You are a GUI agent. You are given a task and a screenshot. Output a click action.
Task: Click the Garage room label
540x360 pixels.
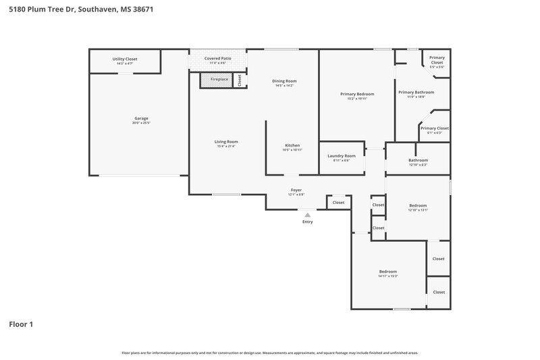tap(141, 118)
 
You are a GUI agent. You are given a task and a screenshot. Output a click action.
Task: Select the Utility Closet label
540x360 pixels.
tap(125, 59)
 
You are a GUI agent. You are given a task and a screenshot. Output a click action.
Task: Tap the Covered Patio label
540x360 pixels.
tap(218, 59)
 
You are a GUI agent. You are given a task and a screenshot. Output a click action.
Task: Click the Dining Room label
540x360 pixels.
tap(284, 81)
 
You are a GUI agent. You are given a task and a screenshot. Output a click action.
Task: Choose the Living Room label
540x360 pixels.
tap(226, 141)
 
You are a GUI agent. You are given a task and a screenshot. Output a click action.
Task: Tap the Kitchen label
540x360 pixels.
tap(292, 145)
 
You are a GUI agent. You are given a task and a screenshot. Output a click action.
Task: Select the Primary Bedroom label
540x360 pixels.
tap(356, 94)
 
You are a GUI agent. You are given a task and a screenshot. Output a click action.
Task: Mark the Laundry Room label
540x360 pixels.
tap(341, 156)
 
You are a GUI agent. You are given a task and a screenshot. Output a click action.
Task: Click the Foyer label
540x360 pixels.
tap(296, 190)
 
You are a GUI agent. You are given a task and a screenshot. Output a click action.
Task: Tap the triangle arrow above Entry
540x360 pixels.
tap(308, 215)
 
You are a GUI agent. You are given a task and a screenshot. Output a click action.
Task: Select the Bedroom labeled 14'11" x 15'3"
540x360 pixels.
tap(387, 272)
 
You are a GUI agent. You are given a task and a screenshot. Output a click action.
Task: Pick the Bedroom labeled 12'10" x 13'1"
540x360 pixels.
tap(418, 205)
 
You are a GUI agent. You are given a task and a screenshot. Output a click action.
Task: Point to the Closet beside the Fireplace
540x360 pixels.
tap(239, 80)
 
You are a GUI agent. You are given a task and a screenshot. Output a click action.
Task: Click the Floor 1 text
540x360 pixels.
tap(21, 324)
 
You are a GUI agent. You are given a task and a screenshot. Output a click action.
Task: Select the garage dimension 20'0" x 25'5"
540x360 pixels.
tap(141, 123)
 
